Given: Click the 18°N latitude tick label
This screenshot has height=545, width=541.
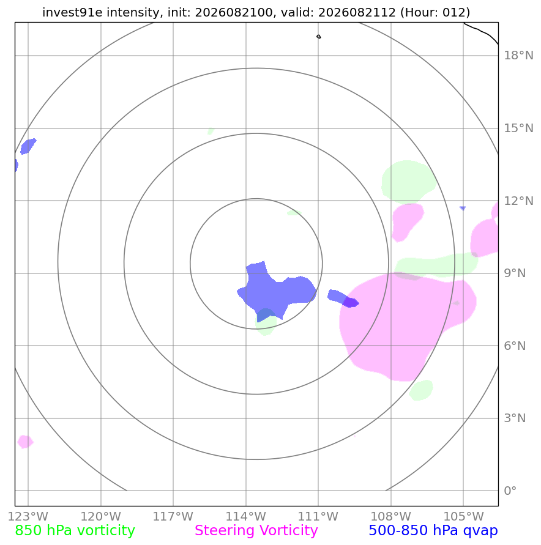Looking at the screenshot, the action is coord(518,55).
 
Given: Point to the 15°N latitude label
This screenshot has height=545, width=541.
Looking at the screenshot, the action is coord(518,128).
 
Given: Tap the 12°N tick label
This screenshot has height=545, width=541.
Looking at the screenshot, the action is coord(518,201).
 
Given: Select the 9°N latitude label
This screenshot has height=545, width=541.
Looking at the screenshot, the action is coord(515,273).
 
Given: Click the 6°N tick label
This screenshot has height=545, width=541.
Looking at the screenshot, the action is coord(515,346).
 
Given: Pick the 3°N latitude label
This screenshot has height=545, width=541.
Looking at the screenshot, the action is coord(515,418).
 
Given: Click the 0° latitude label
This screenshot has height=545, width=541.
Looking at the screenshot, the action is coord(510,491).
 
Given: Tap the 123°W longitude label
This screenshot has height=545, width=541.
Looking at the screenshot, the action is coord(28,516).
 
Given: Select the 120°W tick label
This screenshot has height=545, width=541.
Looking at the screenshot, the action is coord(101,516).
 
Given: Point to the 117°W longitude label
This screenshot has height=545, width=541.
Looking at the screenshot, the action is coord(173,516).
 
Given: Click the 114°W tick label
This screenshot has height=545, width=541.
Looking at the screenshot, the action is coord(246,516).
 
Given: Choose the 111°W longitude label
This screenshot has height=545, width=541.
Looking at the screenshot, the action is coord(318,516).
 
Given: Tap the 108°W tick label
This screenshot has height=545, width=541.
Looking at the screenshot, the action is coord(391,516).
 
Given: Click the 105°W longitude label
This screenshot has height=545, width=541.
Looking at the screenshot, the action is coord(463,516).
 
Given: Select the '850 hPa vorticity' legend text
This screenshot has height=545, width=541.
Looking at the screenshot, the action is coord(75,531).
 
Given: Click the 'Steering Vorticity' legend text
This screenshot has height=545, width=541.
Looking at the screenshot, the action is coord(256,531).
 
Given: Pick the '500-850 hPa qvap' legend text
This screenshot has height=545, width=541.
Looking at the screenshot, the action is coord(433,531).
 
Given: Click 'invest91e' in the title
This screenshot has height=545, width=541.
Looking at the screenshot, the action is coord(72,12).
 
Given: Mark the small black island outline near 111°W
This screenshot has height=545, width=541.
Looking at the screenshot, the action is coord(319,37).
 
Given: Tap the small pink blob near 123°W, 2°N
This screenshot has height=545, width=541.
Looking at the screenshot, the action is coord(25,442).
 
